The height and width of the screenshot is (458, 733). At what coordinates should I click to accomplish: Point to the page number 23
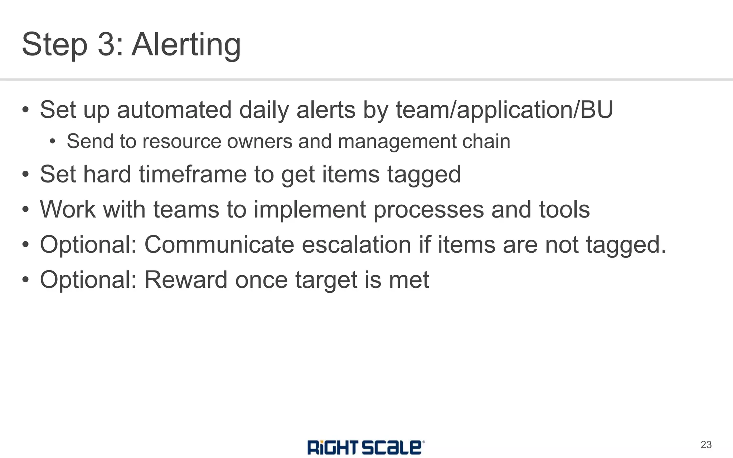pos(706,445)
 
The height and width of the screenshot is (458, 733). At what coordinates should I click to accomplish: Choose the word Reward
pos(186,280)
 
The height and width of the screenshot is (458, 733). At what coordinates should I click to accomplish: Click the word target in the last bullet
pos(326,280)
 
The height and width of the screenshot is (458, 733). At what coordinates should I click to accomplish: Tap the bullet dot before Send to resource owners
pos(53,142)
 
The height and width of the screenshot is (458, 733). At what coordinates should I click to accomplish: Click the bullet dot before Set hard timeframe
pos(25,175)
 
